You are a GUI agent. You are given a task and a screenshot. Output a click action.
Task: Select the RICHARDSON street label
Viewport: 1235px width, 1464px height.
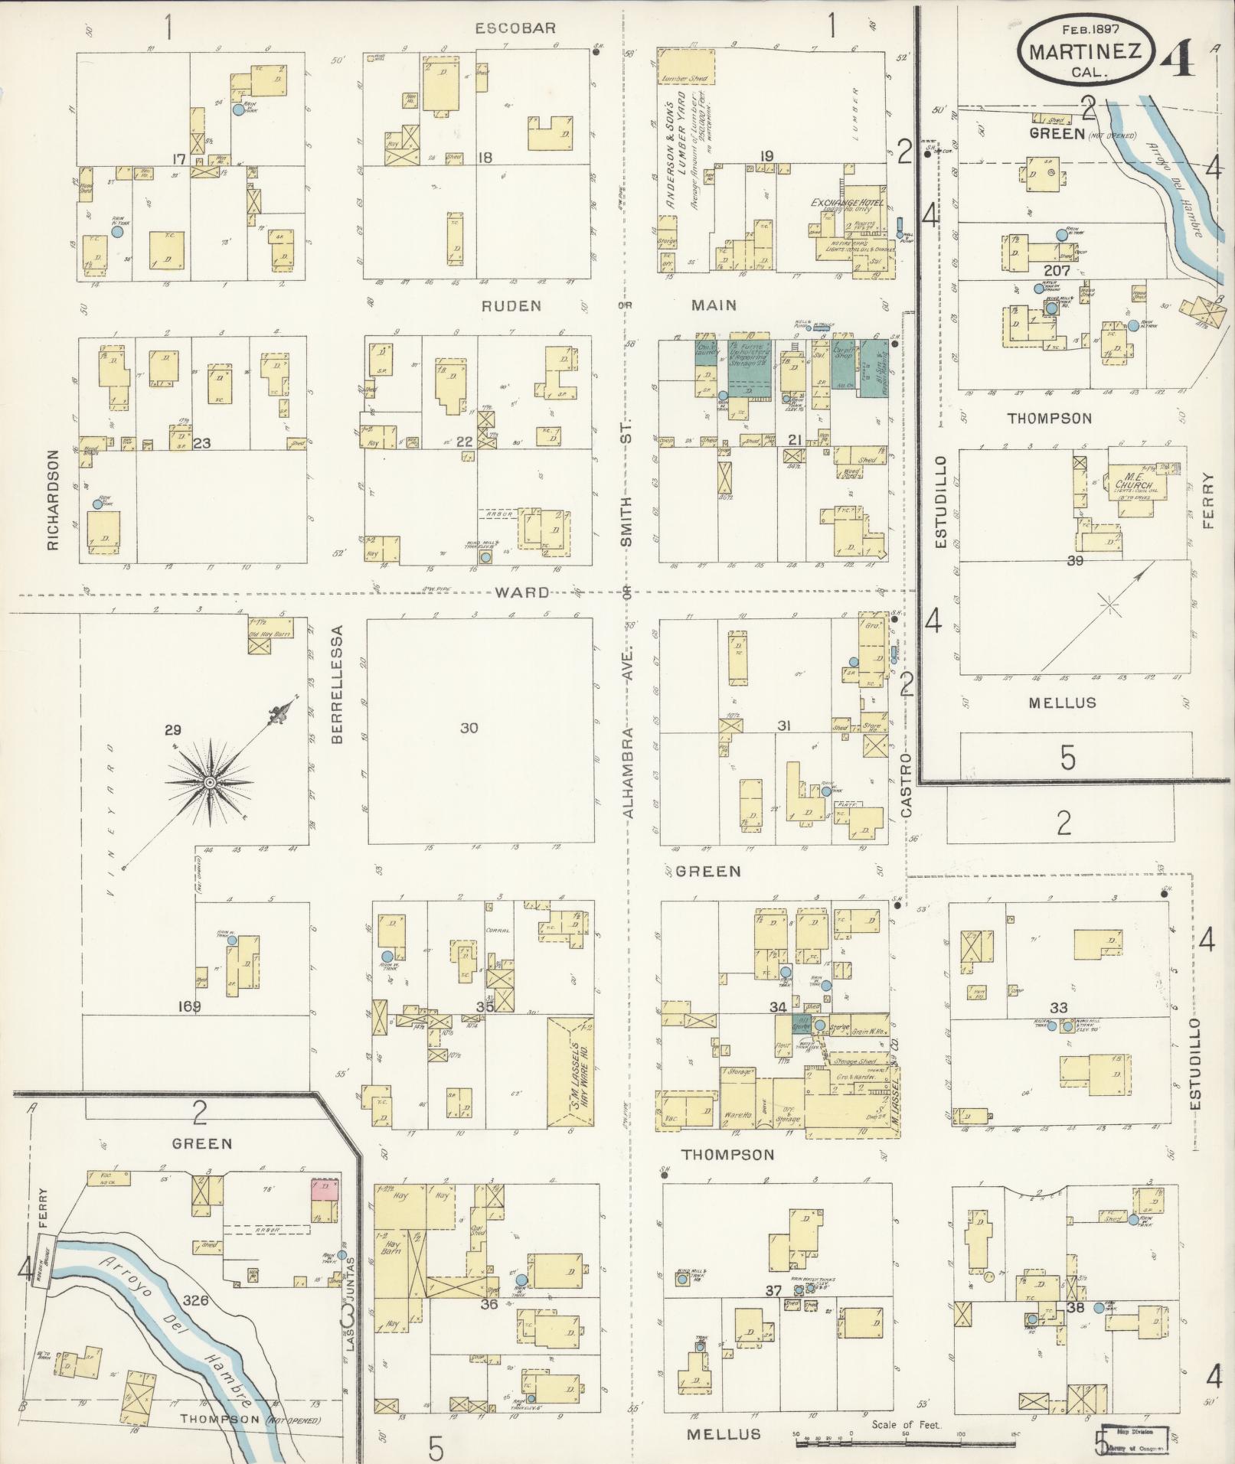(52, 500)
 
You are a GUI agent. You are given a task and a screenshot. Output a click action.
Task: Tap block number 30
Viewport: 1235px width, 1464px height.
(469, 728)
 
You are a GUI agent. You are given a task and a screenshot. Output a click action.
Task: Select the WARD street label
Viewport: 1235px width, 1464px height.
(521, 592)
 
